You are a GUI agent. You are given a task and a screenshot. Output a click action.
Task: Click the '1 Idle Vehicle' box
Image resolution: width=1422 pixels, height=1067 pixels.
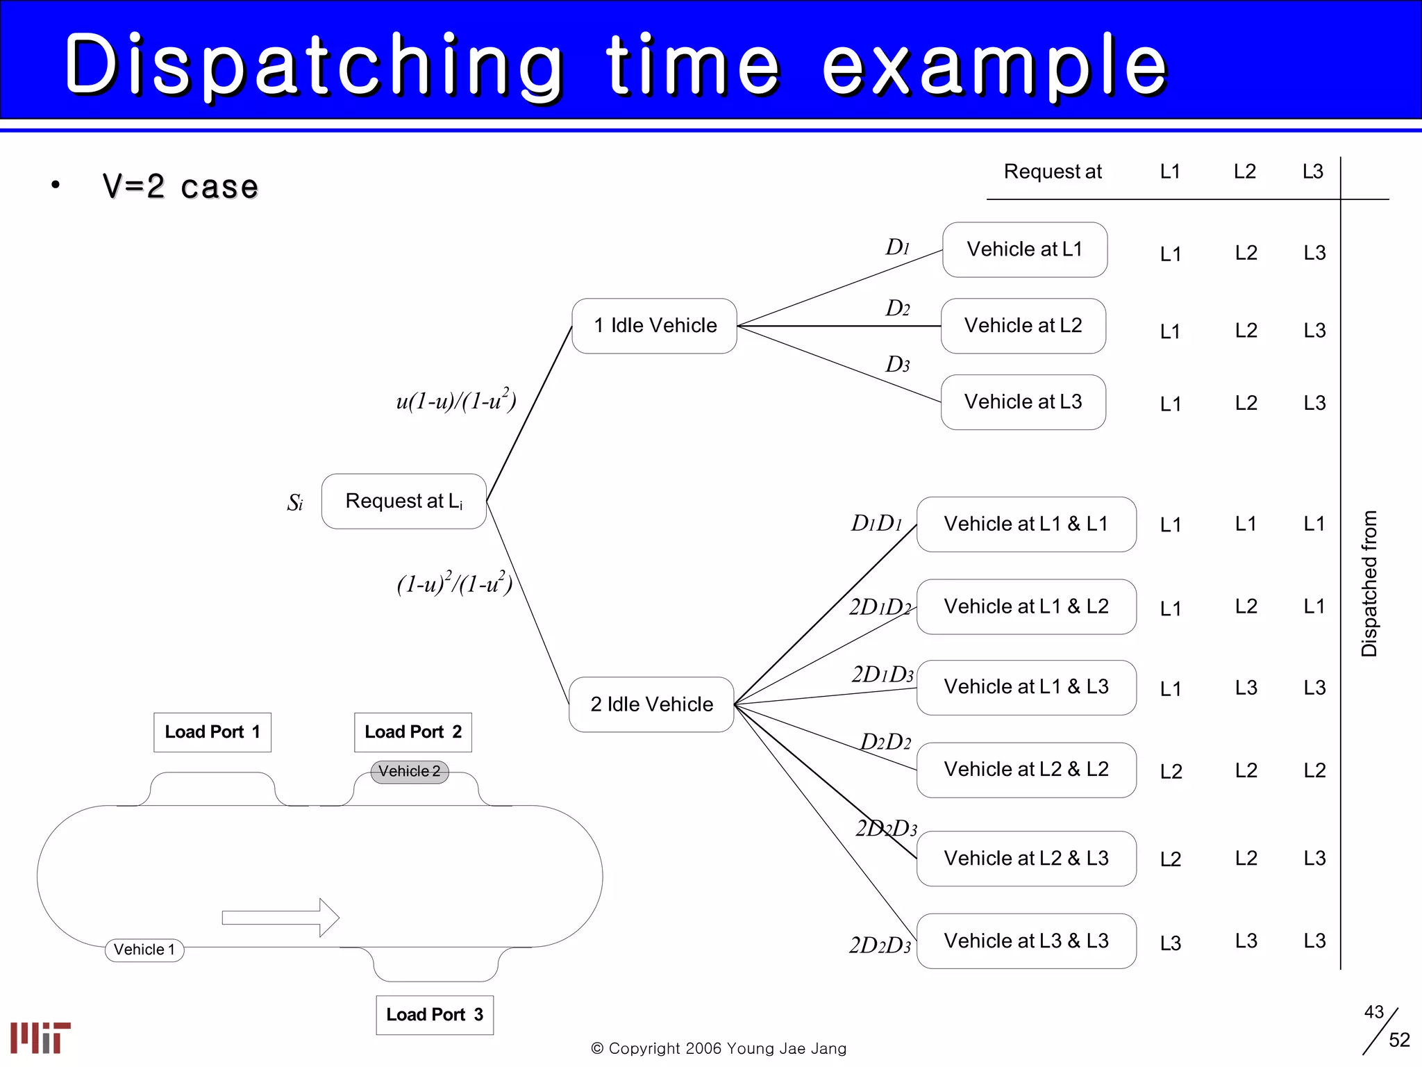tap(654, 326)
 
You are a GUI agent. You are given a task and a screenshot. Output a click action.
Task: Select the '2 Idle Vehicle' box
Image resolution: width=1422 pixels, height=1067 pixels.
tap(651, 704)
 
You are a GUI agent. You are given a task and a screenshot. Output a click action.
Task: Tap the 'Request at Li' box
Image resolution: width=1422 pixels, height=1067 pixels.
tap(403, 502)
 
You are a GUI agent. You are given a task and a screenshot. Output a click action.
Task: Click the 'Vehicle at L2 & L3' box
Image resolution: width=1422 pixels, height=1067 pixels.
tap(1026, 859)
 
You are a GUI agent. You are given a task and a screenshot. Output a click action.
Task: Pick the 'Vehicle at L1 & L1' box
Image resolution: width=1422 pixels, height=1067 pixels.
tap(1026, 524)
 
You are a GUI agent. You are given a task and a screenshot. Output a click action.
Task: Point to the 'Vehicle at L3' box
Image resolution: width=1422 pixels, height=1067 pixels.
tap(1023, 402)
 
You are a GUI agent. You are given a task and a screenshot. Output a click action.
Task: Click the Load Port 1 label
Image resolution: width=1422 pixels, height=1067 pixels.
tap(212, 732)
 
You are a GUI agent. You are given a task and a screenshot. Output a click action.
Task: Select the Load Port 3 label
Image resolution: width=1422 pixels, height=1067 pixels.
tap(435, 1015)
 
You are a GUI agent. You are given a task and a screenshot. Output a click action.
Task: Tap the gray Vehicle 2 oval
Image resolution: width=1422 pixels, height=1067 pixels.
tap(410, 772)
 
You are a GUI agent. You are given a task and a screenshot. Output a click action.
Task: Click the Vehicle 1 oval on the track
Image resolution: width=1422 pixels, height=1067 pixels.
tap(144, 950)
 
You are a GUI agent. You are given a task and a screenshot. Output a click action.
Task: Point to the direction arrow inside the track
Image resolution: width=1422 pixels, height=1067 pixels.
tap(281, 918)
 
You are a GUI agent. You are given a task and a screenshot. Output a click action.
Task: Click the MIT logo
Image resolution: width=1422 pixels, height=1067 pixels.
tap(40, 1038)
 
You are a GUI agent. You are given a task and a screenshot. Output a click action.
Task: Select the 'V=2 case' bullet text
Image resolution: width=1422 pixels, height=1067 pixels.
tap(181, 186)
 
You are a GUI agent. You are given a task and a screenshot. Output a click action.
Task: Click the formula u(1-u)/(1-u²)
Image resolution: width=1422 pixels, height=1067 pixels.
tap(456, 401)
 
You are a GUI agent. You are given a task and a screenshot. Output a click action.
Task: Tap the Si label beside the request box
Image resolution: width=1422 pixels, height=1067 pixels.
tap(295, 502)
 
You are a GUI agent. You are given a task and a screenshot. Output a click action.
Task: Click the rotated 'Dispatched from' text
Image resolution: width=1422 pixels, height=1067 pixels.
tap(1369, 584)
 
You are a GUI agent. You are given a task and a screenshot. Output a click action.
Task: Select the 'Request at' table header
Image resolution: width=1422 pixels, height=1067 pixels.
tap(1053, 172)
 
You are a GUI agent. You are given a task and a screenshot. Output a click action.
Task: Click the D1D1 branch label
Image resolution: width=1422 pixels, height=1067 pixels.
tap(876, 523)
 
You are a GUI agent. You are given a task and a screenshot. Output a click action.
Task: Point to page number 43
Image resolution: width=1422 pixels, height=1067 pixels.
tap(1373, 1012)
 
